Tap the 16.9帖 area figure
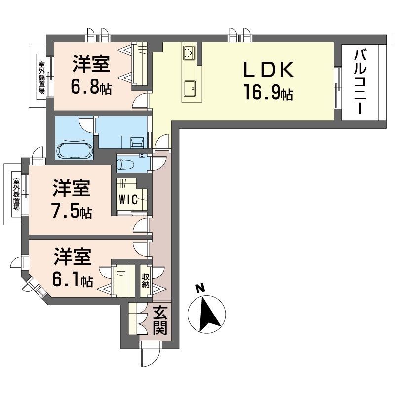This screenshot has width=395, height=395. point(268,92)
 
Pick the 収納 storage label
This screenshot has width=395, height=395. point(146,280)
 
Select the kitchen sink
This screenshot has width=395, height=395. point(190,89)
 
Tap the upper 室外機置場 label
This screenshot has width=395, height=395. point(41,77)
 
